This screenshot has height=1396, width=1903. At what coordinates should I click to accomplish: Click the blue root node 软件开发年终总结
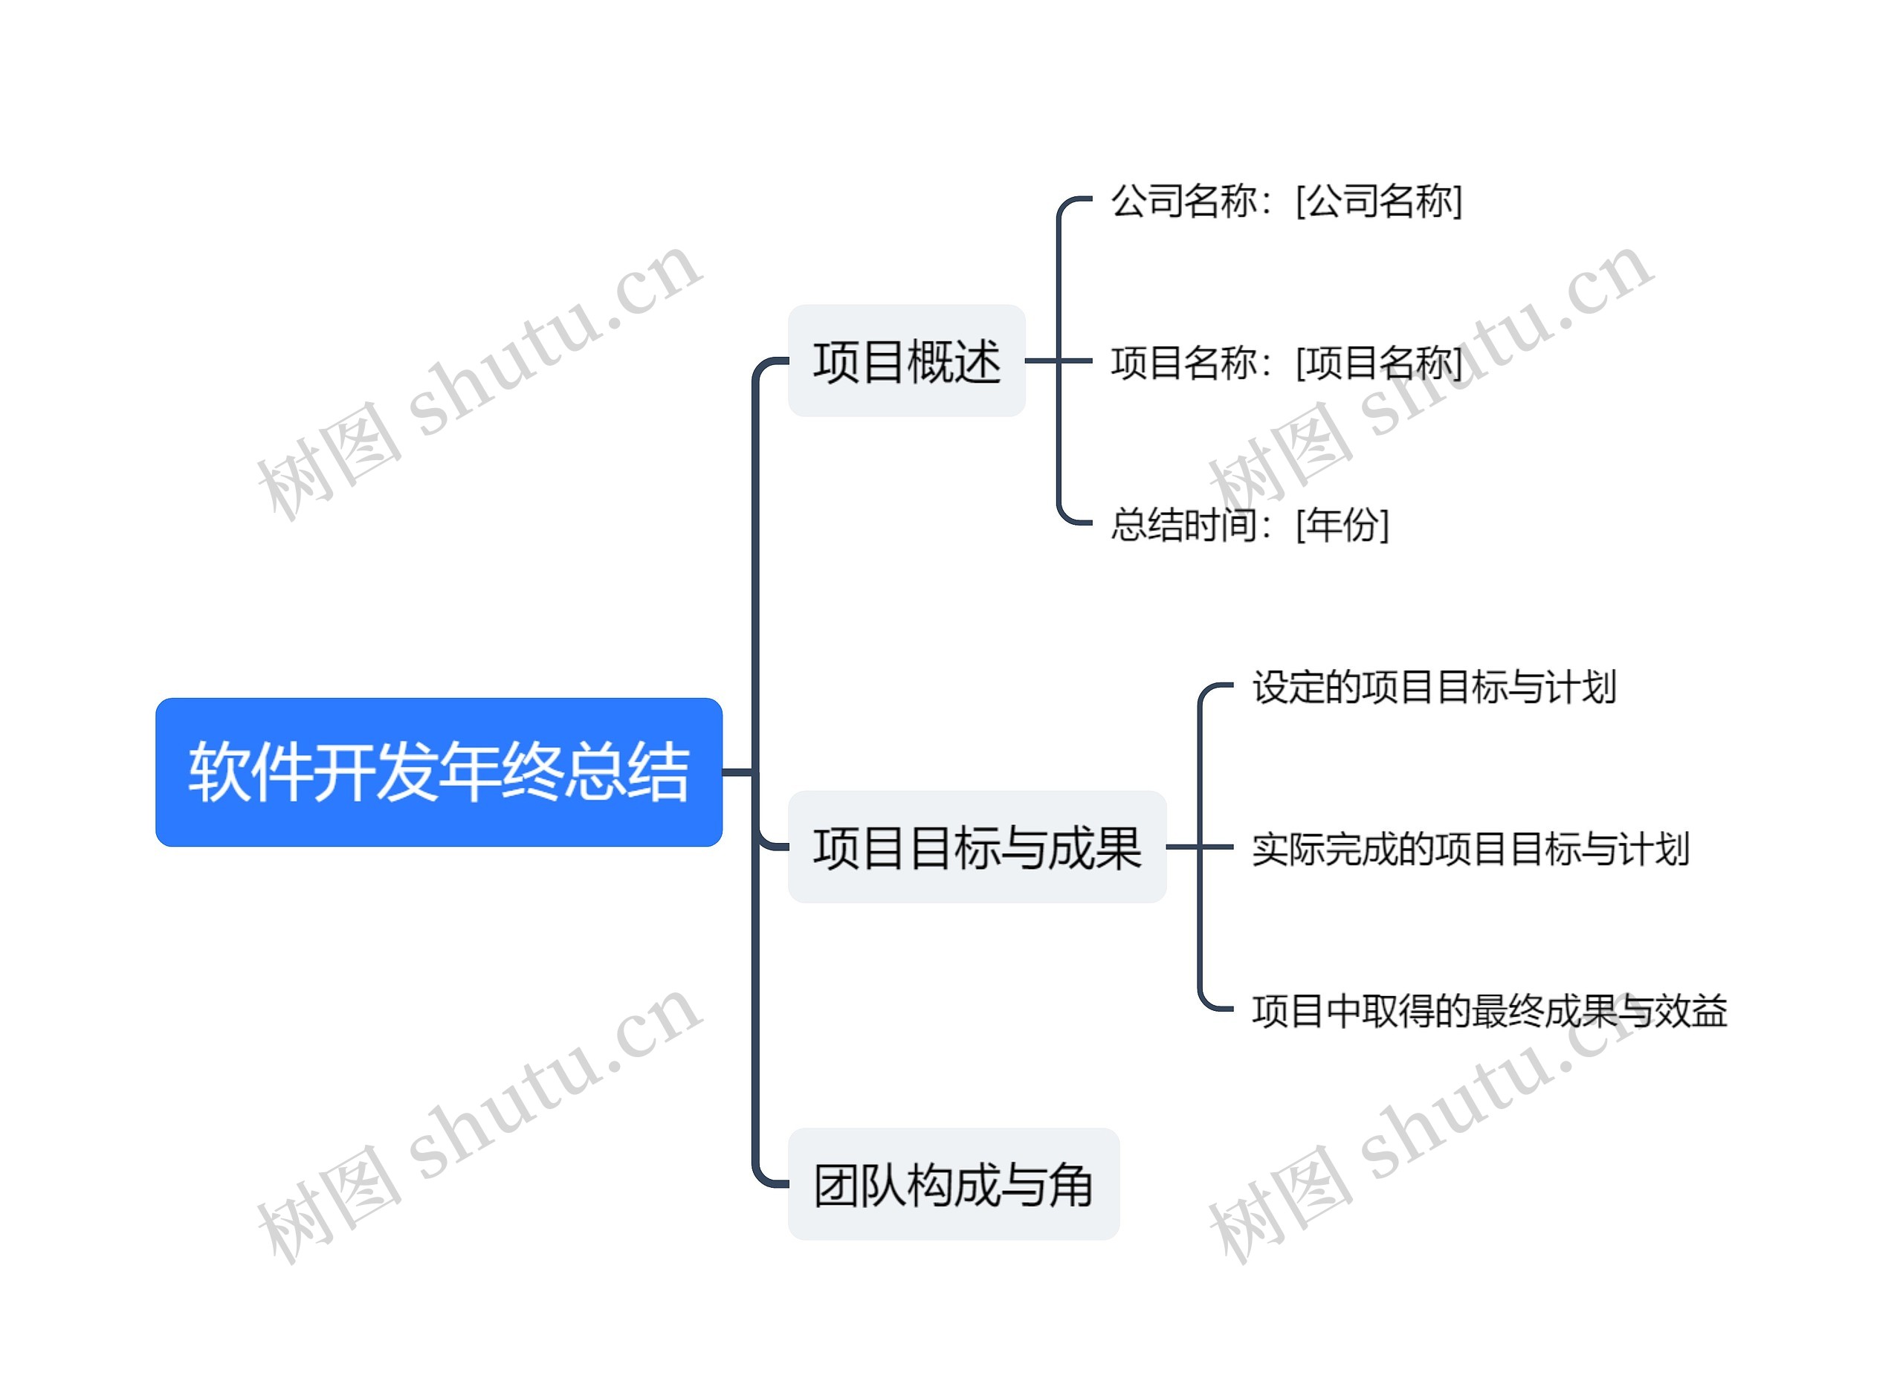point(439,772)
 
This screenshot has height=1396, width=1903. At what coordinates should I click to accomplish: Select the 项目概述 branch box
point(906,361)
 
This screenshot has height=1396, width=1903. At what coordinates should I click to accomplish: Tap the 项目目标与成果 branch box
point(976,847)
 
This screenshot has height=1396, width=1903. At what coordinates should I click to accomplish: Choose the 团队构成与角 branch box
point(952,1184)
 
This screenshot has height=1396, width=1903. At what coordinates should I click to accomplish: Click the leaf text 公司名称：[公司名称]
point(1285,201)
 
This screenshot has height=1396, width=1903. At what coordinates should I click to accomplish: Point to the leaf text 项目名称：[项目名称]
point(1285,363)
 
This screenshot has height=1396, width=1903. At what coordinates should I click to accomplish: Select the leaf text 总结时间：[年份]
point(1249,525)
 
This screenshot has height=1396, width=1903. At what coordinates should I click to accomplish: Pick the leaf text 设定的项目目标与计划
point(1434,686)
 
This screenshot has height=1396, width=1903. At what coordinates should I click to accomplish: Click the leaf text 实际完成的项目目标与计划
point(1470,848)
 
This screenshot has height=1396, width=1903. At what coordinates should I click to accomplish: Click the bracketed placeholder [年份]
point(1342,525)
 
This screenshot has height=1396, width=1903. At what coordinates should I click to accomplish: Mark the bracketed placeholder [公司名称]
point(1378,201)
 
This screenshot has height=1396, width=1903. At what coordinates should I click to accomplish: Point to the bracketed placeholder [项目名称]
point(1378,363)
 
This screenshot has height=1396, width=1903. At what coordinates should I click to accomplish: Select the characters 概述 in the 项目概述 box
point(953,361)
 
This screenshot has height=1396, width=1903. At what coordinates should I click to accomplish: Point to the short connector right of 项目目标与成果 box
point(1183,847)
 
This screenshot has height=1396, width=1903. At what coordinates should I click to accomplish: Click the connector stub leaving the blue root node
point(737,772)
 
